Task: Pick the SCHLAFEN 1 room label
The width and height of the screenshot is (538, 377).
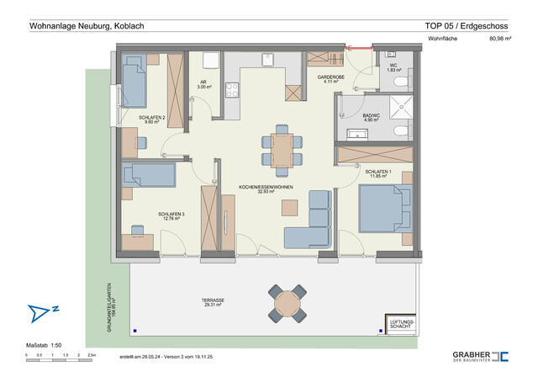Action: [379, 174]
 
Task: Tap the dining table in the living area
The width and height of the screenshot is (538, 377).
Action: [282, 148]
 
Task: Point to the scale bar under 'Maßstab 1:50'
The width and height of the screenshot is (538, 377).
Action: [61, 354]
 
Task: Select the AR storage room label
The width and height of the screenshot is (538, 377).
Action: [203, 85]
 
